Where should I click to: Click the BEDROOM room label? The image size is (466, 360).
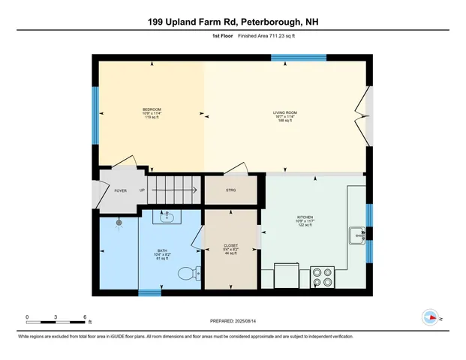(152, 109)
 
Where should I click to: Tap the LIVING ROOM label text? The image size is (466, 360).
(285, 112)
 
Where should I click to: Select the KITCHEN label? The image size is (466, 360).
(305, 217)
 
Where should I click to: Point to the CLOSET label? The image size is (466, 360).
(231, 245)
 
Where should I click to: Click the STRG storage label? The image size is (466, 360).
(231, 190)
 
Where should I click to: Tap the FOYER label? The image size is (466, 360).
(120, 190)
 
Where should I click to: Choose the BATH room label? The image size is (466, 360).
(162, 250)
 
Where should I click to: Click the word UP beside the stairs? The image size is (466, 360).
(142, 190)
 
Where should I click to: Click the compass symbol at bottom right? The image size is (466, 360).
(430, 318)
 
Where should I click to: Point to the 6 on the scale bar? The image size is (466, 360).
(86, 317)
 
